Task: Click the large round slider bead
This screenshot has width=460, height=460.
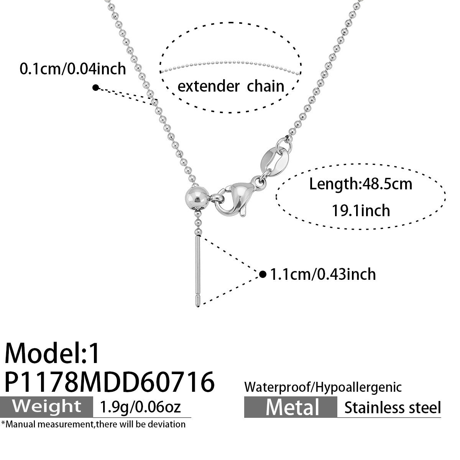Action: point(197,198)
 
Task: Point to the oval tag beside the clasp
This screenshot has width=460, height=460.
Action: point(274,162)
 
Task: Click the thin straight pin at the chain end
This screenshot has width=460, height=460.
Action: point(198,271)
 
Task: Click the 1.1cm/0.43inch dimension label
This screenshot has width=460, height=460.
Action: point(323,274)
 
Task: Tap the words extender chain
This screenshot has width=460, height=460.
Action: point(231,86)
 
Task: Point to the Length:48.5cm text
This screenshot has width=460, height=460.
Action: point(361,184)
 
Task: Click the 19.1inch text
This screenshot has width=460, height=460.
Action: point(361,210)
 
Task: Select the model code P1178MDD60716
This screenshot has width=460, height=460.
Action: point(110,382)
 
